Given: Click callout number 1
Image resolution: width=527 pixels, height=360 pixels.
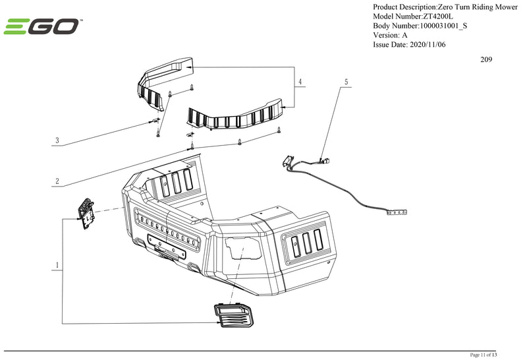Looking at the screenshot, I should coord(58,266).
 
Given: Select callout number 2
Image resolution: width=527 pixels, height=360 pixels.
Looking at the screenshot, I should coord(57,181).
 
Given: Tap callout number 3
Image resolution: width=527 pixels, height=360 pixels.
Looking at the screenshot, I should coord(57,140).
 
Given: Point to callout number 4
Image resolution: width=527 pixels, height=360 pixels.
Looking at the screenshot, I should coord(300,82).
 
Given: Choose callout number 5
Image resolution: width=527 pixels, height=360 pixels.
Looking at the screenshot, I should coord(345,82).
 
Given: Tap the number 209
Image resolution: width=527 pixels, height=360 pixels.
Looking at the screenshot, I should coord(486,60).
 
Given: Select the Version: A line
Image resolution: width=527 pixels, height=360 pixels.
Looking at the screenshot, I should coord(390,35).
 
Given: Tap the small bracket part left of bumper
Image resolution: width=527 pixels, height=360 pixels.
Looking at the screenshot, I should coord(85,214).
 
